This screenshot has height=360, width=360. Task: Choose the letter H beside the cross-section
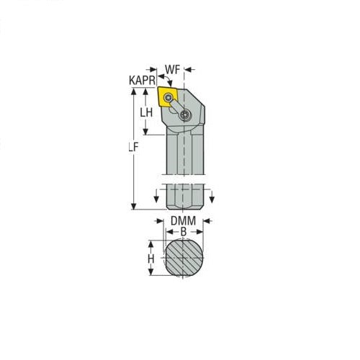151,258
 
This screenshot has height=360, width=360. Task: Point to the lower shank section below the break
184,197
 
